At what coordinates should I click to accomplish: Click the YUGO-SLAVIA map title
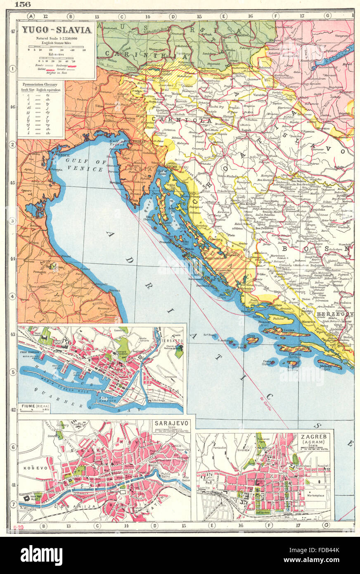coord(57,30)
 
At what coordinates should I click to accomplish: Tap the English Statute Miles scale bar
coord(56,46)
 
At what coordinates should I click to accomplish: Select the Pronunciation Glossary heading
coord(40,85)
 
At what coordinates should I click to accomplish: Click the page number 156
coord(22,5)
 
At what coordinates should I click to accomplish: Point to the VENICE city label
coord(60,154)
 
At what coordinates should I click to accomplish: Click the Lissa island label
coord(251,336)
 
